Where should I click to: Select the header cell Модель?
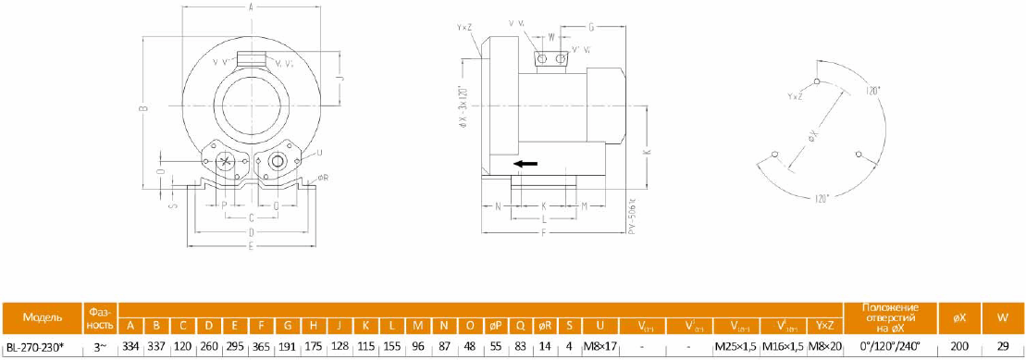(x=42, y=317)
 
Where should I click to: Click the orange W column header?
(x=1003, y=317)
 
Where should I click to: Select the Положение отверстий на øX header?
(x=889, y=317)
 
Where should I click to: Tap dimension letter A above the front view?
(x=252, y=7)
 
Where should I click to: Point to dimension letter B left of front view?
(x=143, y=110)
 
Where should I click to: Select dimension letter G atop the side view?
(x=591, y=28)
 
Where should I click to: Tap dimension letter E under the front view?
(x=252, y=247)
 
